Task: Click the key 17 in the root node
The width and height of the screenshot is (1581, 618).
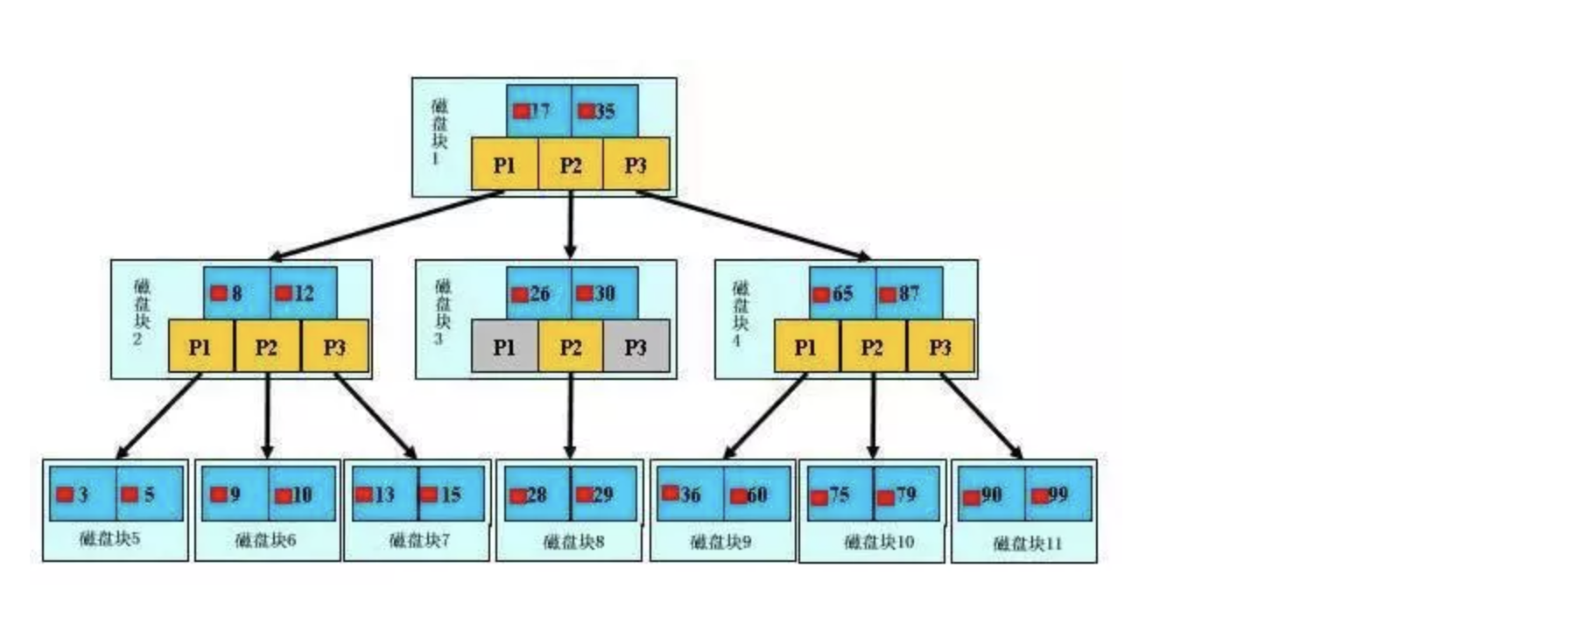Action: click(538, 111)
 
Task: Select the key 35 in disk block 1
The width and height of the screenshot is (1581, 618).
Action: click(604, 111)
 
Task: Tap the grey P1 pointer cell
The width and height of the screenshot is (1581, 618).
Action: click(504, 348)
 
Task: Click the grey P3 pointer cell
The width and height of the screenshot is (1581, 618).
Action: click(636, 348)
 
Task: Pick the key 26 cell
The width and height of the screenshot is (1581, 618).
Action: click(538, 293)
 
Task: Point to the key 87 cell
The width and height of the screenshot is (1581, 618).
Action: click(909, 293)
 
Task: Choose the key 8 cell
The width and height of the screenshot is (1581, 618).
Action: click(236, 293)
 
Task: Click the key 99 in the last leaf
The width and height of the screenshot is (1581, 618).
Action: click(1058, 495)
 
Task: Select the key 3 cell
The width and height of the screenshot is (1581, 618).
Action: click(82, 495)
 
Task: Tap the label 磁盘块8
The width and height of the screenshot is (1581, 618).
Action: click(573, 542)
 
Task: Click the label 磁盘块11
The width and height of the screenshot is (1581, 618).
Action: click(1028, 544)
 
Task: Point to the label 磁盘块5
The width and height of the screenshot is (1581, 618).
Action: click(109, 538)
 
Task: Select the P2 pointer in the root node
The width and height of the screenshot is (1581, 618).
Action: click(571, 165)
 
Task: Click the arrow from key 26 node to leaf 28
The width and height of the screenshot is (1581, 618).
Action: click(571, 416)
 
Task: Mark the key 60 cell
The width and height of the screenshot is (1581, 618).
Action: click(756, 495)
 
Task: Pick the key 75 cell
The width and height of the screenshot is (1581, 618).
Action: click(839, 495)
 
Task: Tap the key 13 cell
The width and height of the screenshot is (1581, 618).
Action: click(384, 495)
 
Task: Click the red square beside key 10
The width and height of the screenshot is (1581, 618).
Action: click(283, 496)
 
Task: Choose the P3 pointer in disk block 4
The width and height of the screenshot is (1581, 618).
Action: click(939, 348)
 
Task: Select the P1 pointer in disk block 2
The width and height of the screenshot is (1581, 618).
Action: click(200, 348)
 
